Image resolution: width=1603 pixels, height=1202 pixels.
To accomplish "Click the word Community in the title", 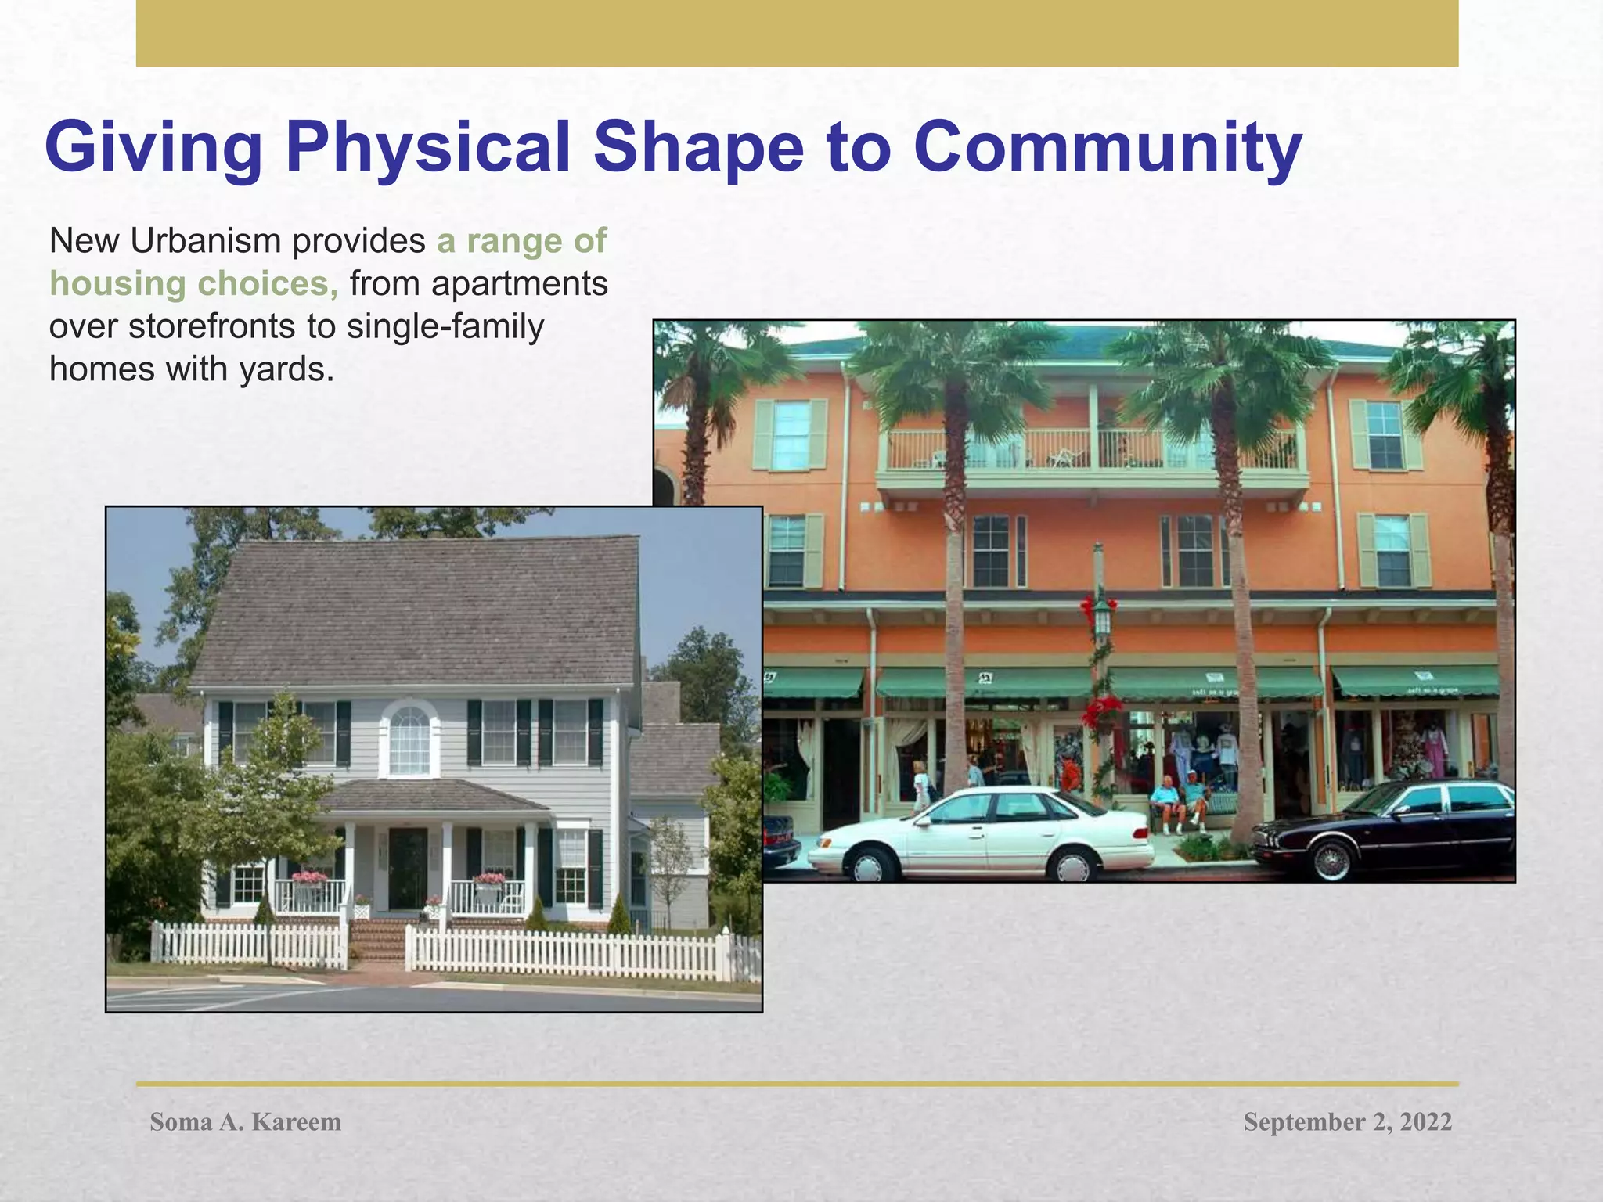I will tap(1107, 148).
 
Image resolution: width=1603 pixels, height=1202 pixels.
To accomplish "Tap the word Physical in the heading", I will tap(427, 148).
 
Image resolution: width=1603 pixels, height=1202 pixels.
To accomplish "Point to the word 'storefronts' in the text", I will tap(211, 326).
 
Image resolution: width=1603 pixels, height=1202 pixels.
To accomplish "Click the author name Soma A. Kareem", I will tap(245, 1122).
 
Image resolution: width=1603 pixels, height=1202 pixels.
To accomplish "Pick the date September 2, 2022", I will tap(1347, 1122).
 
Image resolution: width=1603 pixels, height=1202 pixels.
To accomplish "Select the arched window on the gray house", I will tap(409, 739).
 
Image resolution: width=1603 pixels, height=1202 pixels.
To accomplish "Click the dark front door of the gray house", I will tap(408, 869).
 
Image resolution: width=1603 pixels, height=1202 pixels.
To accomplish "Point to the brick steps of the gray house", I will tap(376, 939).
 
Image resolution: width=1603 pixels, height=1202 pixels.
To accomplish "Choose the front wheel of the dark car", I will tap(1330, 861).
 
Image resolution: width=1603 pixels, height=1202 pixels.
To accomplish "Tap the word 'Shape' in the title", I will tap(698, 148).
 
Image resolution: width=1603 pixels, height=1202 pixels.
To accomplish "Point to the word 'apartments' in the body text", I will tap(519, 284).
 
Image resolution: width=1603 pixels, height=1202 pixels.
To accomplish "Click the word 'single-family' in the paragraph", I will tap(445, 326).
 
